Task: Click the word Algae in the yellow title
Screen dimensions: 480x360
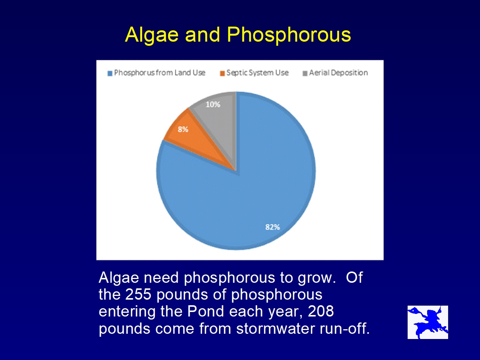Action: (152, 35)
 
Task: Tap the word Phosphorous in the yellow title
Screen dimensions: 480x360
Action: (289, 35)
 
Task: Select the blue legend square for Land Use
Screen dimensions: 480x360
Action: (110, 73)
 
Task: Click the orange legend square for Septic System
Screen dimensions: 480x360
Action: (222, 73)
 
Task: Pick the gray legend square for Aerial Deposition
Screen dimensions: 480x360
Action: (305, 73)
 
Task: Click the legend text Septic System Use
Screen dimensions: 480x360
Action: (257, 73)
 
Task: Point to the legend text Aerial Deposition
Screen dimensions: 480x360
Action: (338, 73)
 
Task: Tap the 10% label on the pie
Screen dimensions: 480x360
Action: (213, 105)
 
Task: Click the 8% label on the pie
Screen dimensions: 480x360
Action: (183, 130)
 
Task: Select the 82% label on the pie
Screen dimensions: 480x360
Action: (273, 227)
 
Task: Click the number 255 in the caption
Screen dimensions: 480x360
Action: (138, 294)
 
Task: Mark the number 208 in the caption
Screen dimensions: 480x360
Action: (321, 311)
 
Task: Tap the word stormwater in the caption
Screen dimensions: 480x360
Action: (276, 328)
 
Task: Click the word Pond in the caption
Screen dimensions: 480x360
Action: (206, 311)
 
